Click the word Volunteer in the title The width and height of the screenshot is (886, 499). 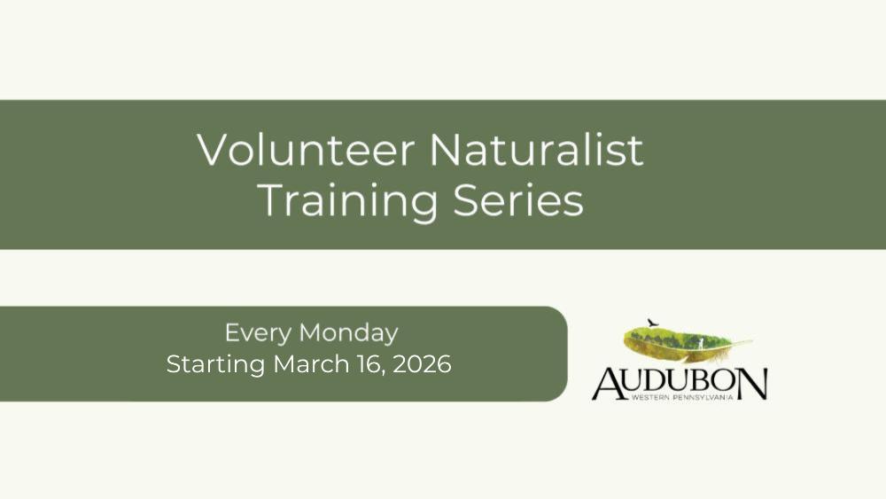point(307,150)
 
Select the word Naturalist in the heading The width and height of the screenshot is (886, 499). point(536,150)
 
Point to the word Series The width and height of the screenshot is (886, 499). point(518,201)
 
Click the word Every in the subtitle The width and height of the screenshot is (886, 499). point(258,333)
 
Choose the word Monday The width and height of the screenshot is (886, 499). point(348,332)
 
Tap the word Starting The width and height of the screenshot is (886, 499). point(215,365)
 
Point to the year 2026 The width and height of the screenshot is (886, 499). point(422,364)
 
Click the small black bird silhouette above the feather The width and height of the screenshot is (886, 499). point(653,323)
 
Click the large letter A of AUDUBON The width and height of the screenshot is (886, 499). point(610,384)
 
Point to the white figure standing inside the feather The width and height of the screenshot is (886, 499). point(701,344)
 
